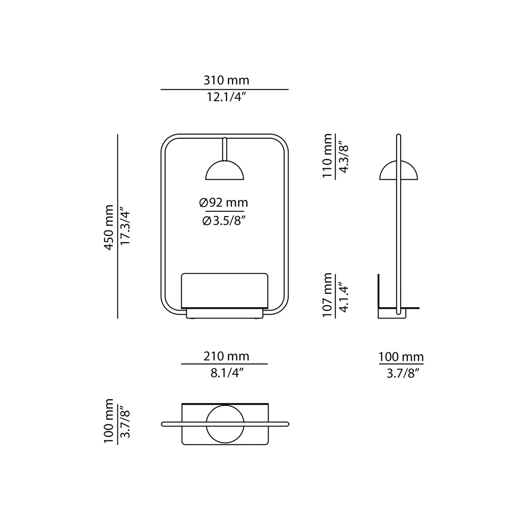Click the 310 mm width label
[226, 80]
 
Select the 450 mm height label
[109, 227]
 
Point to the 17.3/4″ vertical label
[126, 227]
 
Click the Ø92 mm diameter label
[224, 203]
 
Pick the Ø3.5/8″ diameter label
[224, 221]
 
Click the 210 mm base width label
[226, 356]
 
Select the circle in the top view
[224, 423]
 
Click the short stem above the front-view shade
[224, 149]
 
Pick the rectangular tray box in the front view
[224, 290]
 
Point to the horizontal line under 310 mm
[224, 89]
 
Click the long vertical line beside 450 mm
[118, 227]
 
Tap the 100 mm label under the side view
[401, 357]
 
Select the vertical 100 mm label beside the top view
[109, 421]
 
